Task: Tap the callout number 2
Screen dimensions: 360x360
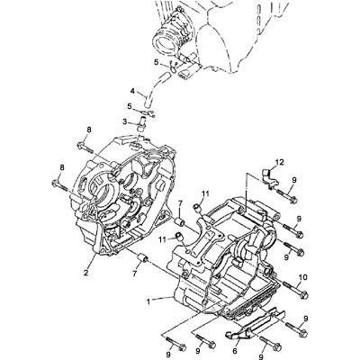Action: [86, 273]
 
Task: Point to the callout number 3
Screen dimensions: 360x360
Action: [125, 121]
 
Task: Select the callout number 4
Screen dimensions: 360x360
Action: [132, 90]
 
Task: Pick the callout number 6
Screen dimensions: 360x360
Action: [235, 351]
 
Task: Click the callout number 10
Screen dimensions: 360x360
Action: [303, 277]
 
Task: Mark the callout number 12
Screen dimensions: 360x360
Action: [279, 162]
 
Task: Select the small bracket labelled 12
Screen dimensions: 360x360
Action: [269, 179]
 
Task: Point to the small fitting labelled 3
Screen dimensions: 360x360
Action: [140, 124]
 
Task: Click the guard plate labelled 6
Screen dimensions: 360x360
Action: [255, 326]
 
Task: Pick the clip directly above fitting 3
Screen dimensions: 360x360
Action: [148, 112]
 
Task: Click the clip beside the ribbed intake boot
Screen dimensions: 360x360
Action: [173, 67]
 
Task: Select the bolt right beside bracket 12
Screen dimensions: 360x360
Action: [286, 195]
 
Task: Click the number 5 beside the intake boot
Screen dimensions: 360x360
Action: [156, 62]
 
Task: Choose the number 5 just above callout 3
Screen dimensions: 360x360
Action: [130, 106]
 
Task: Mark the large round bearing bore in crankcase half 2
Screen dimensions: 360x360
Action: [106, 193]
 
